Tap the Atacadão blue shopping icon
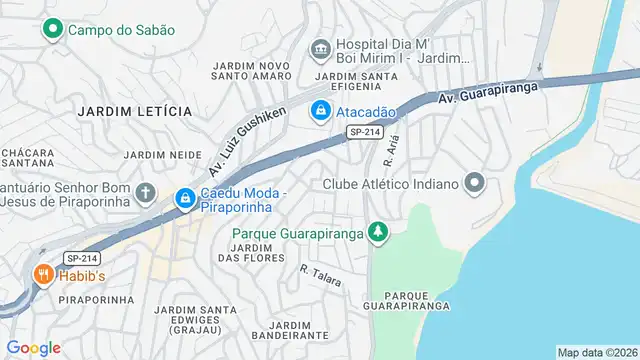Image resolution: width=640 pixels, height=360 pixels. [321, 110]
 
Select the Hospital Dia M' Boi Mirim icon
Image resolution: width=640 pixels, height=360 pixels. [321, 47]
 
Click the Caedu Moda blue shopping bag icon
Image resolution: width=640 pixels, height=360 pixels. [185, 199]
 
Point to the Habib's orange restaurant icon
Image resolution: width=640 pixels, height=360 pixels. [43, 274]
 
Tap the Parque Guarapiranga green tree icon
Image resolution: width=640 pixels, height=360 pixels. [377, 234]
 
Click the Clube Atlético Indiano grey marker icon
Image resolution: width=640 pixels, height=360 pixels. [475, 184]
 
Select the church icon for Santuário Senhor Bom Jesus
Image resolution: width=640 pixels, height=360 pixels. [146, 192]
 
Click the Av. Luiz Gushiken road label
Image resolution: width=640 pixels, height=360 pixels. [249, 138]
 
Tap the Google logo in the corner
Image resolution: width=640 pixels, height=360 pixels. [33, 348]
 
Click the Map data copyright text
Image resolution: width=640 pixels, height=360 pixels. [596, 352]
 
